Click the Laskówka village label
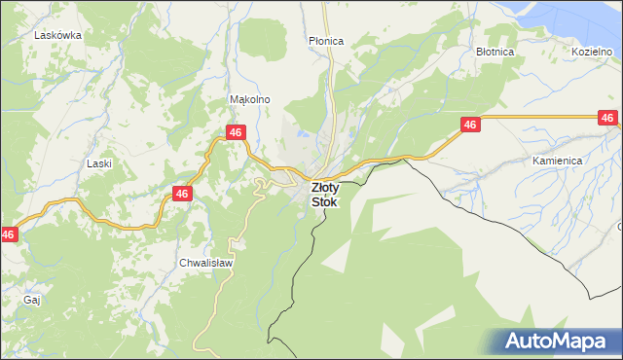(56, 34)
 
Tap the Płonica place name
(326, 41)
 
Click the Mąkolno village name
(248, 99)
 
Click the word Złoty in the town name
(325, 188)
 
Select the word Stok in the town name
(325, 202)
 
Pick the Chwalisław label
(202, 263)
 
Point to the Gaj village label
(31, 300)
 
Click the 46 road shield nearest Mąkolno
(235, 131)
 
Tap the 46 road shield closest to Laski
(181, 194)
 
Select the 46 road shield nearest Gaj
(8, 234)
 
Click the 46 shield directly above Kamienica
(607, 118)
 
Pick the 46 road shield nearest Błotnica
(470, 125)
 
